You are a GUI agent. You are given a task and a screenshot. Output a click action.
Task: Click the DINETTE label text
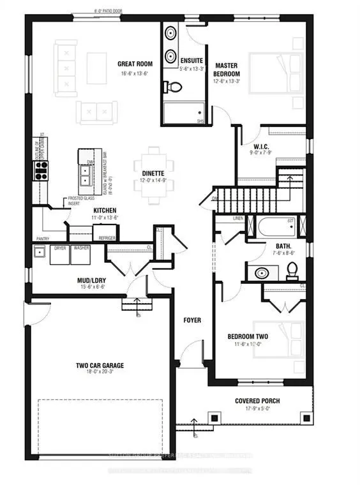(149, 173)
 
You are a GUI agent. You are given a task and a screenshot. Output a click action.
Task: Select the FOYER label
(193, 320)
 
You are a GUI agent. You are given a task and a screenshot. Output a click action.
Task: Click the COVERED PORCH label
(258, 401)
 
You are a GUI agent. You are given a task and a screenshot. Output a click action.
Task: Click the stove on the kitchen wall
(41, 169)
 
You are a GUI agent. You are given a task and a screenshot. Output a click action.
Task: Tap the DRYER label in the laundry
(61, 247)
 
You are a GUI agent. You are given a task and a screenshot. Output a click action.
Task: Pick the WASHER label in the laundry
(81, 247)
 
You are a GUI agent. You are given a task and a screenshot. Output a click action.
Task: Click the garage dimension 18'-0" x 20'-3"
(100, 373)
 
